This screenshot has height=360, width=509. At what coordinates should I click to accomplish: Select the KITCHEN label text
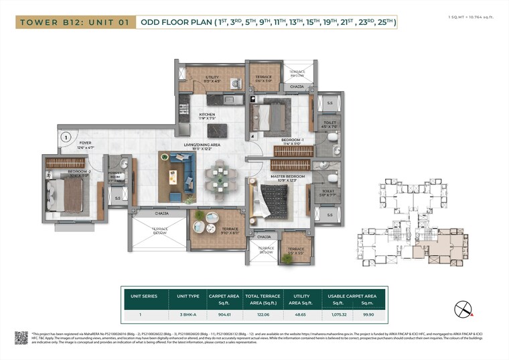[x=207, y=115]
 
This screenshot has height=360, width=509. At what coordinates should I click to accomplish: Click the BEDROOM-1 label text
[x=293, y=140]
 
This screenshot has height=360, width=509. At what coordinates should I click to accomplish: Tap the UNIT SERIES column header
[x=139, y=296]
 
